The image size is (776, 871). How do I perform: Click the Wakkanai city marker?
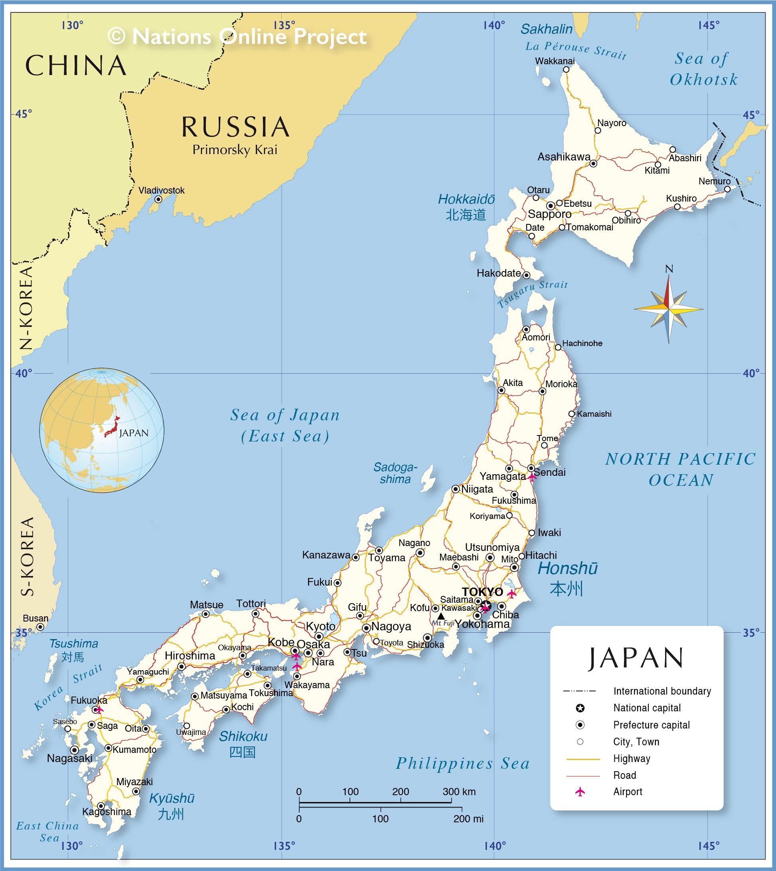tap(566, 69)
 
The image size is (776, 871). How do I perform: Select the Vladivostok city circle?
tap(158, 199)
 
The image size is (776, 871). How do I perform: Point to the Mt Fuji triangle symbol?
tap(441, 616)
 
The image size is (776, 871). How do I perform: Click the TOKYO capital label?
tap(482, 592)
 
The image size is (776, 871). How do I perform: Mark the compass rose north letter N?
tap(669, 269)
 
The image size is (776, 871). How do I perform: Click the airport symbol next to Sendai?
tap(531, 477)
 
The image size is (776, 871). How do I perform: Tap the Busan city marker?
tap(40, 627)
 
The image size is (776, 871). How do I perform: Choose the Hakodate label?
tap(498, 273)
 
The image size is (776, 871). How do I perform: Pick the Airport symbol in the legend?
tap(580, 792)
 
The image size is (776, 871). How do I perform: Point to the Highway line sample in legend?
tap(583, 759)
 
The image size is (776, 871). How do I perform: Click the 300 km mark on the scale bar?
tap(452, 803)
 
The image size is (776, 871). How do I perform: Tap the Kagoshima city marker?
tap(101, 806)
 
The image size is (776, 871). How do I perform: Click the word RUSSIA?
tap(235, 127)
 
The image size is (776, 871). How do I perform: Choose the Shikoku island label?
tap(243, 736)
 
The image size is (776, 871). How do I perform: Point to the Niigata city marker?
tap(455, 489)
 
